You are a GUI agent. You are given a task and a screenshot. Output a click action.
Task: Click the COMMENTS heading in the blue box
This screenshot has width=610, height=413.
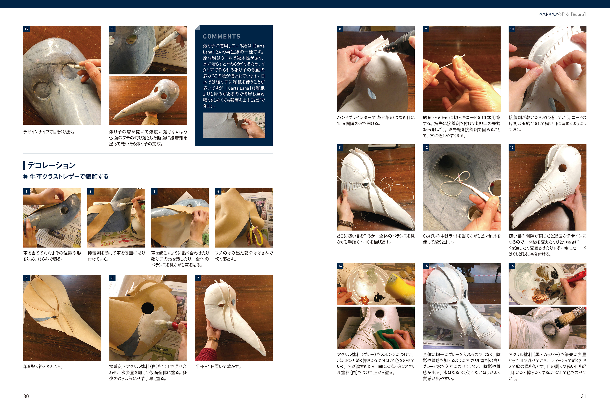point(221,36)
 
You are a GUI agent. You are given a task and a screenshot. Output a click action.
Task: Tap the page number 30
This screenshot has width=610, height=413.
point(26,396)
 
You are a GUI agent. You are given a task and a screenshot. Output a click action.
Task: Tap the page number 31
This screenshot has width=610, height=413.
point(583,396)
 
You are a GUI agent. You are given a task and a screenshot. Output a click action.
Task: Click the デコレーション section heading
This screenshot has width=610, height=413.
point(51,165)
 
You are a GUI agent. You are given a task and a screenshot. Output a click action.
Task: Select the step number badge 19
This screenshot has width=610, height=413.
point(26,29)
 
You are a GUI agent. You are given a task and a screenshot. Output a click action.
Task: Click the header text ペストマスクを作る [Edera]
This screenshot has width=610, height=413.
point(562,14)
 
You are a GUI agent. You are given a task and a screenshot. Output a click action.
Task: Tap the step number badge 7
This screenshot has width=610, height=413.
point(198,278)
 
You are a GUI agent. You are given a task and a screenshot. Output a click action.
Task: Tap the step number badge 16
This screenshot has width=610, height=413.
point(512,266)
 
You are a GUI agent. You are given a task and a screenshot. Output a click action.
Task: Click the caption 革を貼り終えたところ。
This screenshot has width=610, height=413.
point(43,366)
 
